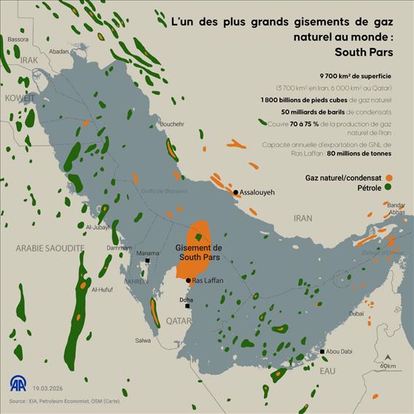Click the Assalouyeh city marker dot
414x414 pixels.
tap(235, 192)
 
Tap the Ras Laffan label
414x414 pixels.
tap(208, 281)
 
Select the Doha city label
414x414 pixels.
tap(186, 300)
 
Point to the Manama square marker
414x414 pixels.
tap(148, 260)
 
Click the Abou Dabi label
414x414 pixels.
tap(340, 352)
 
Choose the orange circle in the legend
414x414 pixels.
tap(391, 177)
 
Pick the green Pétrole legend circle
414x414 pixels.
tap(391, 188)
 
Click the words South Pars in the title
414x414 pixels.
tap(364, 52)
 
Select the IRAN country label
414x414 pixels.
tap(302, 218)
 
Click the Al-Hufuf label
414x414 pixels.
tap(103, 289)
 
